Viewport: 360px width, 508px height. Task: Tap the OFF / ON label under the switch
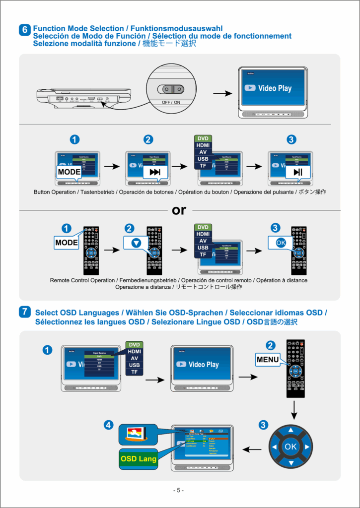(170, 102)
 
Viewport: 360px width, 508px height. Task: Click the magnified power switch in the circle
(170, 89)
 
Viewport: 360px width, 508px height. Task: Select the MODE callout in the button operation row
(69, 172)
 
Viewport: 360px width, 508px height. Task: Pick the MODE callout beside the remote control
(67, 243)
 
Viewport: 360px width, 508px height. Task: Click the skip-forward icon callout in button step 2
(155, 172)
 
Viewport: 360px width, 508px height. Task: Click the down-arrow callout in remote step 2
(137, 243)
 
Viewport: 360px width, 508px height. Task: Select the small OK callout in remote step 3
(281, 243)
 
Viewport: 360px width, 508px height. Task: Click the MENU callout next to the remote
(268, 359)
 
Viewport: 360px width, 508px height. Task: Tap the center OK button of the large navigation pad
(291, 446)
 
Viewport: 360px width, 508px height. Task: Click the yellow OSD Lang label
(139, 459)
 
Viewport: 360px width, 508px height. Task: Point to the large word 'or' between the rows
(179, 210)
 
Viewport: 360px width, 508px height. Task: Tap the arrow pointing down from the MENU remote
(294, 408)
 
